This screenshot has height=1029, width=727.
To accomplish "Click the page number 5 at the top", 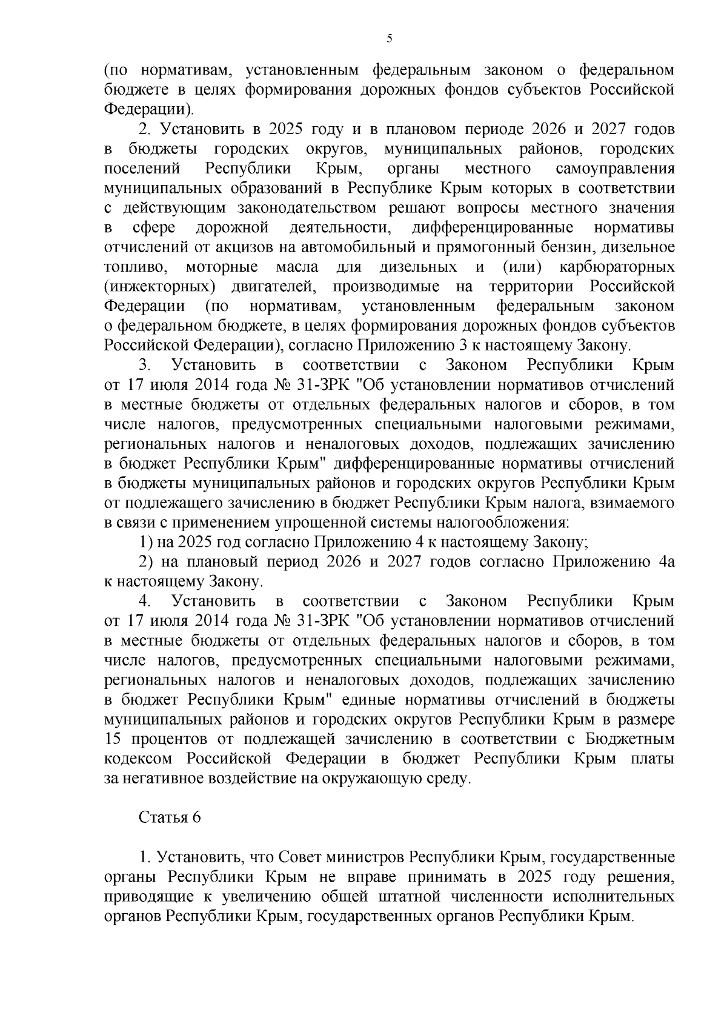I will point(390,38).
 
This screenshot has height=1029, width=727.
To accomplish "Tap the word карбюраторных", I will point(618,267).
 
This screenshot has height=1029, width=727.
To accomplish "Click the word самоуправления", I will point(614,169).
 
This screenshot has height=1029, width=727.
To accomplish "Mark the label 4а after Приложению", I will point(666,562).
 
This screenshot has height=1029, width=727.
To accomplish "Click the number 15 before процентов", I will point(113,739).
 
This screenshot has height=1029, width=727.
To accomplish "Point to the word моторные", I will point(222,267).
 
